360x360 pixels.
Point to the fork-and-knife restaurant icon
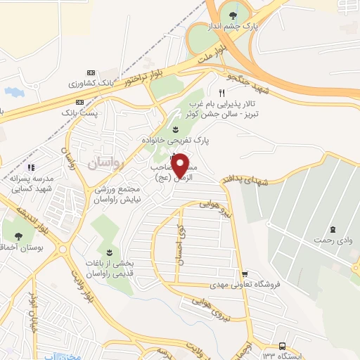tap(221, 93)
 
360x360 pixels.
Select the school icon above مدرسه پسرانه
tap(31, 167)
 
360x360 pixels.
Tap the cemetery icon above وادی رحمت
tap(332, 230)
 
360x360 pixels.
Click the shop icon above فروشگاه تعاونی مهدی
tap(245, 275)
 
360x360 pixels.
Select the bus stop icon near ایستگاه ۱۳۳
tap(282, 346)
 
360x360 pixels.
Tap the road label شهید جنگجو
tap(250, 83)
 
